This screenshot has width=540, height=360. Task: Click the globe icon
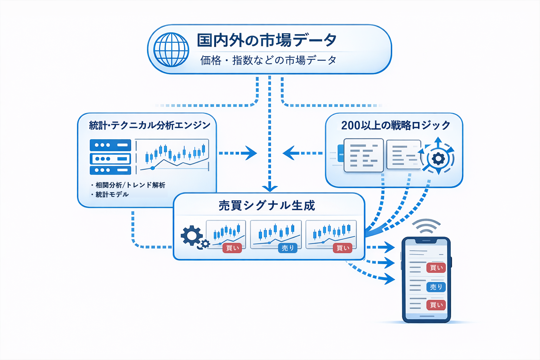(171, 50)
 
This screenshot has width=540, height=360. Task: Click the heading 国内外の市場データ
(266, 40)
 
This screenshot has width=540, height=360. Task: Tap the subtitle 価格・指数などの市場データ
(268, 60)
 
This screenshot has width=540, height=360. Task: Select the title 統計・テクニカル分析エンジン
(149, 125)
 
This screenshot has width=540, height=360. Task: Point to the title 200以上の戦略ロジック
(396, 125)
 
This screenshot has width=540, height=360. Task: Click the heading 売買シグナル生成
(267, 206)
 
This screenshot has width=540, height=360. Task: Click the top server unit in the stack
(110, 145)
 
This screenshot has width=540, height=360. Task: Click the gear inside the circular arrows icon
(438, 159)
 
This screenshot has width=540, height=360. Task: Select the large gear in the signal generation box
(192, 236)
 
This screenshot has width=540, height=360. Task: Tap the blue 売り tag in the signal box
(288, 248)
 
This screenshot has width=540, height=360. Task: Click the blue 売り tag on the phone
(436, 287)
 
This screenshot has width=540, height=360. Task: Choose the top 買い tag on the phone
(436, 268)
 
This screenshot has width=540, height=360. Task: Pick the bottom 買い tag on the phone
(436, 305)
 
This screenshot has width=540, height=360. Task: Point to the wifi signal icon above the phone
(426, 226)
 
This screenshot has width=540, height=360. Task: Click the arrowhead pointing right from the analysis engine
(251, 153)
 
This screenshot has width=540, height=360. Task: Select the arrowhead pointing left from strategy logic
(289, 153)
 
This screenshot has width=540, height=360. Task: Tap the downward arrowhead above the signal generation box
(270, 188)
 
